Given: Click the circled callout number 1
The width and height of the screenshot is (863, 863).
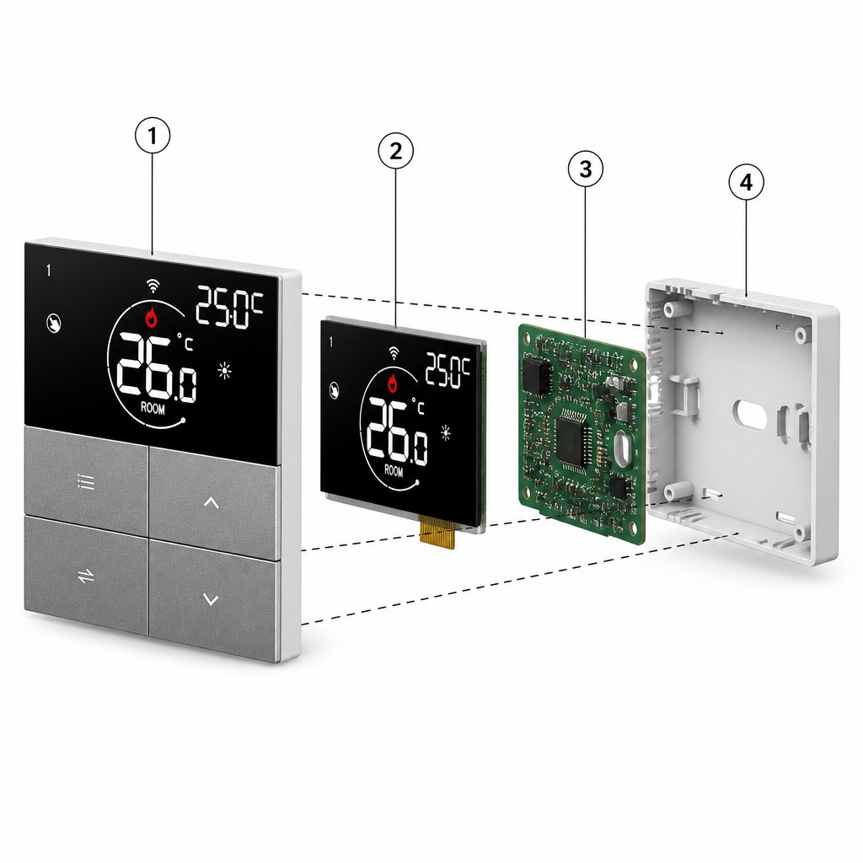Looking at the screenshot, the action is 153,136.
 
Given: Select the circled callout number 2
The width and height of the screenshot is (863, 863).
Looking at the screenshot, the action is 396,151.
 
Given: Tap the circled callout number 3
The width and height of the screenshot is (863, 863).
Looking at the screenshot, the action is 586,169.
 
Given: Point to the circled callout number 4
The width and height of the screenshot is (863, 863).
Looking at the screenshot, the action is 747,182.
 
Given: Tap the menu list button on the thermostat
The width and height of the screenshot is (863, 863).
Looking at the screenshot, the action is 86,481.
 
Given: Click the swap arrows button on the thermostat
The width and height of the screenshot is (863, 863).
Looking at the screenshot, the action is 86,576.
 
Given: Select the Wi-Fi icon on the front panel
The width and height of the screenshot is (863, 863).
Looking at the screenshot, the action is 153,285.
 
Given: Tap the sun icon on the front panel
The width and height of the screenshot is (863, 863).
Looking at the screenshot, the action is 224,371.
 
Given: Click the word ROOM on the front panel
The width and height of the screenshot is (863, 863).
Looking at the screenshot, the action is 153,409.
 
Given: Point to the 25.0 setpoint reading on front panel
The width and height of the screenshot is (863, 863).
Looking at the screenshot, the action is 230,308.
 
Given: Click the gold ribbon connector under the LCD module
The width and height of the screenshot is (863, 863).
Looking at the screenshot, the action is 437,533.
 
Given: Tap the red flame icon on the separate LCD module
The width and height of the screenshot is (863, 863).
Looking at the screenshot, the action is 393,383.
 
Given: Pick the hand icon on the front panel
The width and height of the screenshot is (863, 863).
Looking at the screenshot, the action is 54,323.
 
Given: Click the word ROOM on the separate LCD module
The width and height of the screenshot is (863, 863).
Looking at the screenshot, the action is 394,471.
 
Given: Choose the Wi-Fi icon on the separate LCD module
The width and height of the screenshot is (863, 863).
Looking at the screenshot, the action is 394,353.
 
